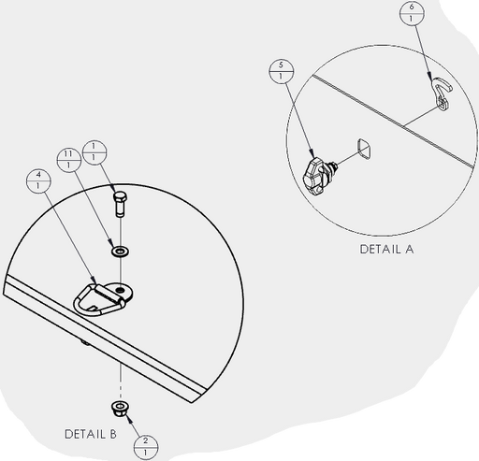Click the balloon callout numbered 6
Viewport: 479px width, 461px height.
(412, 13)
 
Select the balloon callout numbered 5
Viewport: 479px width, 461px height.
(281, 71)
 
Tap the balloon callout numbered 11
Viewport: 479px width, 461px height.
(69, 159)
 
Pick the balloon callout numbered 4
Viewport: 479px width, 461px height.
(38, 180)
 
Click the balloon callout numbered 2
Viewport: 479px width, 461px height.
(146, 447)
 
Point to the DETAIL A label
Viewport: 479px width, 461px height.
(386, 249)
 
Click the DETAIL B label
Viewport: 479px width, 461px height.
(91, 434)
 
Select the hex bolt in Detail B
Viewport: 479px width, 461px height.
(120, 204)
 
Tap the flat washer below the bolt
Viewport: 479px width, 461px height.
(120, 252)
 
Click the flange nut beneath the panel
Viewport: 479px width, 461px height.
(120, 409)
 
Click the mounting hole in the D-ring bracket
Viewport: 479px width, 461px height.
(120, 291)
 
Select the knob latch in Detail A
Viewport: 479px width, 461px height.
(318, 176)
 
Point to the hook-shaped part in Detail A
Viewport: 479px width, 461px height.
(442, 93)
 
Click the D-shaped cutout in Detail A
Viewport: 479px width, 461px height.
(364, 149)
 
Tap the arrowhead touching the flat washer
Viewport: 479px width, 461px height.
(110, 242)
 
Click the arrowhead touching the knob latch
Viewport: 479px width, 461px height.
(312, 153)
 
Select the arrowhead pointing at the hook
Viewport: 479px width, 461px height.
(430, 77)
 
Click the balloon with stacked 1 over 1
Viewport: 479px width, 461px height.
(94, 152)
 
